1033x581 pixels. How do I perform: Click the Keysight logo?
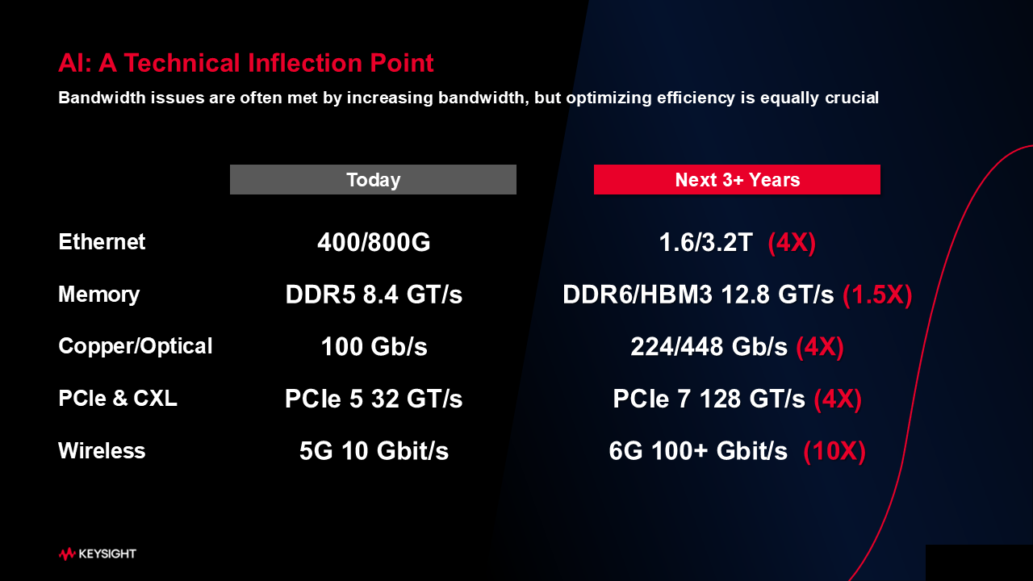click(98, 554)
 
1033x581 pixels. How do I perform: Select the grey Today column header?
click(373, 179)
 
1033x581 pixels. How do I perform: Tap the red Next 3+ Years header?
click(737, 179)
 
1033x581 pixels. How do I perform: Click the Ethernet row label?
click(102, 241)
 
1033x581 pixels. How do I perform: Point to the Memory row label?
click(98, 295)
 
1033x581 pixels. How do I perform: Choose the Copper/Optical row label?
click(135, 346)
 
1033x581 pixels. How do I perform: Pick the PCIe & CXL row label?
click(118, 398)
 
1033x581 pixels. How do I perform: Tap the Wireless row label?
click(102, 450)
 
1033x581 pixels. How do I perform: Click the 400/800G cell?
click(374, 242)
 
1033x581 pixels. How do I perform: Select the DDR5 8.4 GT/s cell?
click(374, 295)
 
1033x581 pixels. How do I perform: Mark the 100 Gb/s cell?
click(374, 347)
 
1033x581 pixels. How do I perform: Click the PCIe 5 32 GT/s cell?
click(374, 399)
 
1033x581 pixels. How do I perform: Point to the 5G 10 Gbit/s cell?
click(374, 451)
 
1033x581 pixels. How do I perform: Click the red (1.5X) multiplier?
click(877, 295)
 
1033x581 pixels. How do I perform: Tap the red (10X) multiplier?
click(834, 451)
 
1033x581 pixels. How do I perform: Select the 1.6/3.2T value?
click(705, 242)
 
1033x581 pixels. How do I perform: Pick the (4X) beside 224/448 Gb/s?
click(820, 347)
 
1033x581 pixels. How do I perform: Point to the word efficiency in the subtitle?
click(696, 98)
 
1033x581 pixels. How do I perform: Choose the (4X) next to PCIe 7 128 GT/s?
click(838, 399)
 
